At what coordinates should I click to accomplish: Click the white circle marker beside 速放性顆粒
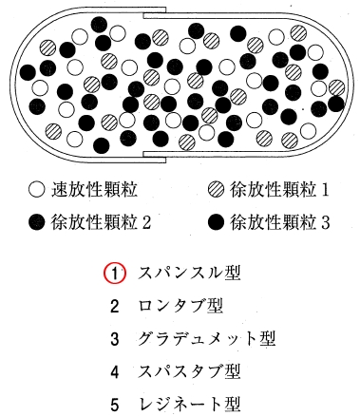(x=36, y=189)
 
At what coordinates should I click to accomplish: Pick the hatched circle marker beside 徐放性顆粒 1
(x=216, y=189)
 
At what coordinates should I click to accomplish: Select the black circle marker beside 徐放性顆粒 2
(x=36, y=222)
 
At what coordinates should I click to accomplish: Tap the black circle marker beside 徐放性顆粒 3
(x=216, y=222)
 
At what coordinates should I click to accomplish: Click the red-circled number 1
(x=114, y=274)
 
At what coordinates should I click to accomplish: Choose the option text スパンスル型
(x=187, y=274)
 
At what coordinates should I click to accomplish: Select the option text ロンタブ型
(x=180, y=306)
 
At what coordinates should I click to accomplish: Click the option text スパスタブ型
(x=187, y=371)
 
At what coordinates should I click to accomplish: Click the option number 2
(x=114, y=306)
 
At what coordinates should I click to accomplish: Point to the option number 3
(x=114, y=339)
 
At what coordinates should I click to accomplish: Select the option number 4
(x=114, y=371)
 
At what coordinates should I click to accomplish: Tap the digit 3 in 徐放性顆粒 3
(x=325, y=222)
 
